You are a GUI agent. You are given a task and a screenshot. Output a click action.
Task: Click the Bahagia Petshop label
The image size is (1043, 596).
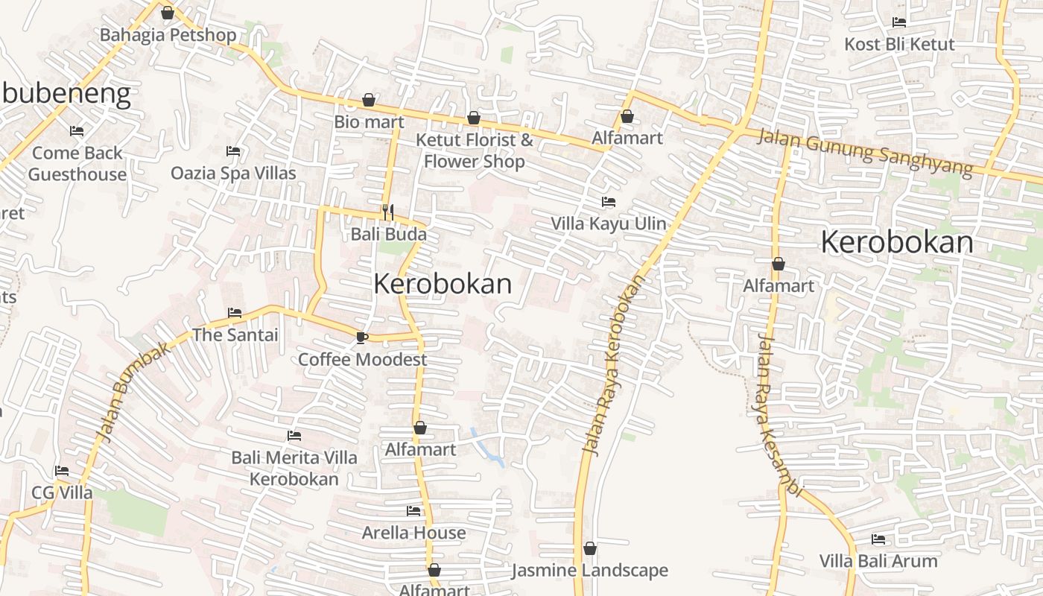pos(168,35)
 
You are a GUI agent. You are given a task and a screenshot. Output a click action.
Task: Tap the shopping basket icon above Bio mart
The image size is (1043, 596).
pos(368,100)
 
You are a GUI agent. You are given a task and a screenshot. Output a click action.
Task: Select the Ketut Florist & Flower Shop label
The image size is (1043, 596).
pos(475,150)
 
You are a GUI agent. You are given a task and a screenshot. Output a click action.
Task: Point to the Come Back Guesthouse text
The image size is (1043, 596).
pos(77,163)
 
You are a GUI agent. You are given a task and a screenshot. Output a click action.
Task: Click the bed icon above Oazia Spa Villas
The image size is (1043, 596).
pos(232,151)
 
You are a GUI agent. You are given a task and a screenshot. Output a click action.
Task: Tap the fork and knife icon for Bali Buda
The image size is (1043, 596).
pos(387,212)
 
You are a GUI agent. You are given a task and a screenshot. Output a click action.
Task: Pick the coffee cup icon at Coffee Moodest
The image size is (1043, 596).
pos(361,337)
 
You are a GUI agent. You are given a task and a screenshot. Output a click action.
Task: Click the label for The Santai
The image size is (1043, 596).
pos(235,335)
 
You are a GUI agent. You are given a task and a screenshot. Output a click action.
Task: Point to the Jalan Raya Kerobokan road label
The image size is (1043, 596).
pos(612,365)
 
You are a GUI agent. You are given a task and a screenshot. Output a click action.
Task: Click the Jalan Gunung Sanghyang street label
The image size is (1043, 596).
pos(865,152)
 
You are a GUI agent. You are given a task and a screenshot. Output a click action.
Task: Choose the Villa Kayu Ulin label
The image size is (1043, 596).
pos(608,223)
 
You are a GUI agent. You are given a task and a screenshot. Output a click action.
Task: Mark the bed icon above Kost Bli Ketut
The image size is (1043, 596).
pos(898,22)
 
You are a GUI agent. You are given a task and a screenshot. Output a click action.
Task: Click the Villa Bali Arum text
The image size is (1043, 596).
pos(878,560)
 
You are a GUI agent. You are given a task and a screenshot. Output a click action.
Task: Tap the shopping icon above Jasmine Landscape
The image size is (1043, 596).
pos(590,549)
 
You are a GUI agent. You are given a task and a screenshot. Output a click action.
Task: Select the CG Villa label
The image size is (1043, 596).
pos(62,492)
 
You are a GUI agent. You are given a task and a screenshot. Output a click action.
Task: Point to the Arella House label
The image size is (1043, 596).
pos(413,533)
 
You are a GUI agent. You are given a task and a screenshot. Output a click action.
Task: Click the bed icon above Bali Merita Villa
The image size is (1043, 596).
pos(294,436)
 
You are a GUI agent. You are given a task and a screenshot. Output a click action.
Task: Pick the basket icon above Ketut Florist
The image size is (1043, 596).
pos(473,118)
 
